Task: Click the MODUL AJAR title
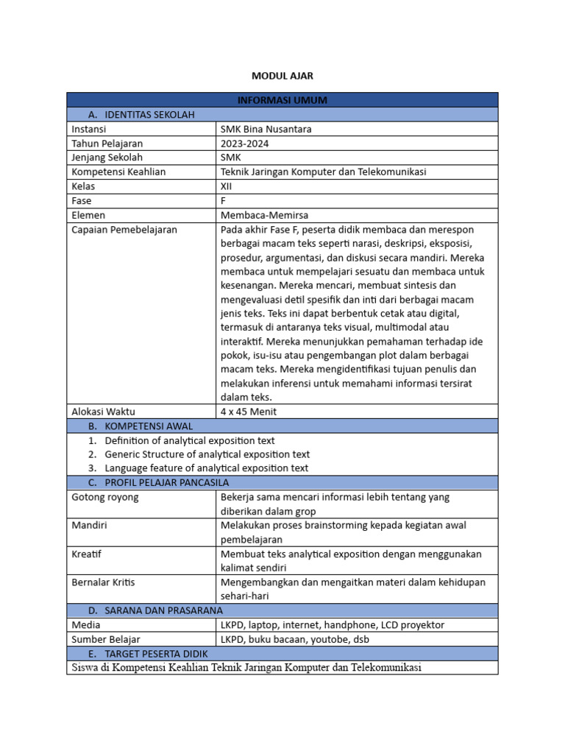[282, 76]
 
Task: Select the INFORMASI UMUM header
[282, 100]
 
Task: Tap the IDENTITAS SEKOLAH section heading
[150, 114]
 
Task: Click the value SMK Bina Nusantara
[266, 129]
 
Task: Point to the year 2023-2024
[245, 143]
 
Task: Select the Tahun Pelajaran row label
[107, 143]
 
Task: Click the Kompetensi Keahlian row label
[118, 172]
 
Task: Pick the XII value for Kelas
[226, 186]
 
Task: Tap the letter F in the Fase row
[224, 200]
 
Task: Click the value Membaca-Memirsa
[264, 215]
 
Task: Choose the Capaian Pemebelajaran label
[124, 230]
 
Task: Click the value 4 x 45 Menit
[249, 412]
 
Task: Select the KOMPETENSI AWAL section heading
[149, 426]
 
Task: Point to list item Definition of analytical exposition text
[190, 440]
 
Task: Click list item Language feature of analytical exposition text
[206, 468]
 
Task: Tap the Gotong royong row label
[105, 497]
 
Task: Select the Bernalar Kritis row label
[104, 582]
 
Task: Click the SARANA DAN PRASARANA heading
[164, 610]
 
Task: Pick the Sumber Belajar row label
[106, 639]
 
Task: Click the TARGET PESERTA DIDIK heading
[157, 653]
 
